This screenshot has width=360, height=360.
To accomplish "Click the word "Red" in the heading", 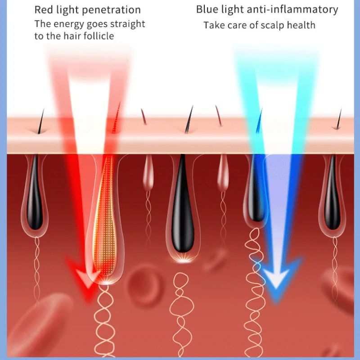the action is (44, 9).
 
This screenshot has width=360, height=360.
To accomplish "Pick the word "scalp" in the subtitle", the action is (260, 25).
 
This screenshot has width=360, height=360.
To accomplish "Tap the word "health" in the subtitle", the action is (300, 25).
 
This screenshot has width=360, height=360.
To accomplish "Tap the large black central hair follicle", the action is (182, 207).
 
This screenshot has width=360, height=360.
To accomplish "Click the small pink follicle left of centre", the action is (148, 173).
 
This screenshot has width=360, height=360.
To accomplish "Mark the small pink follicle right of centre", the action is (223, 173).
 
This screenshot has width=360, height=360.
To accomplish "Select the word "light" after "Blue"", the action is (231, 9).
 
